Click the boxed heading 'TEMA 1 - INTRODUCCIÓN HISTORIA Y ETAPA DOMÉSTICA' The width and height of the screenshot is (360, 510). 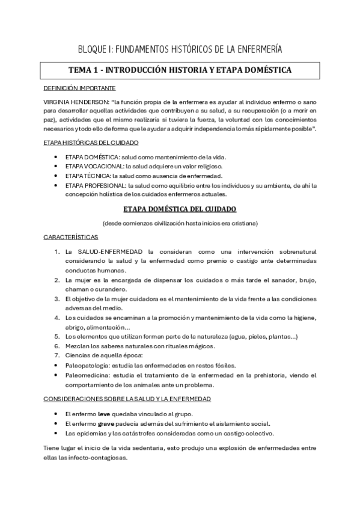pyautogui.click(x=180, y=70)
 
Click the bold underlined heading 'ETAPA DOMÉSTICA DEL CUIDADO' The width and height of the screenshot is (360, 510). pyautogui.click(x=180, y=209)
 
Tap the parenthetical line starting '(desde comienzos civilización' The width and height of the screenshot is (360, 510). pyautogui.click(x=180, y=223)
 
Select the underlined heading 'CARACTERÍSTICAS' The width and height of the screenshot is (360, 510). pyautogui.click(x=71, y=238)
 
